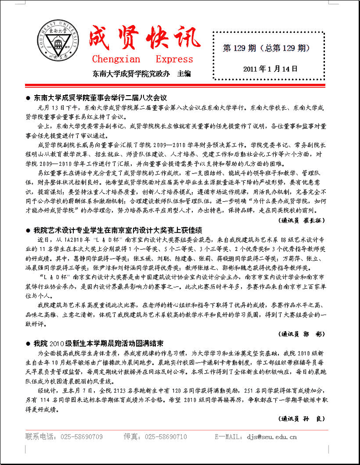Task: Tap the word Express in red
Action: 174,59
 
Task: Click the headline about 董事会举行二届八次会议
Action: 101,97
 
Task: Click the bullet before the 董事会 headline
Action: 29,97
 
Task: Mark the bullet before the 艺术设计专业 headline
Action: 29,230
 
